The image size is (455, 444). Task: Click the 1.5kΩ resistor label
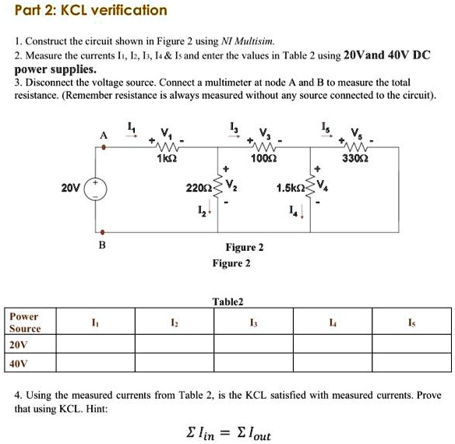(x=290, y=188)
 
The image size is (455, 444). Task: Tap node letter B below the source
(x=101, y=245)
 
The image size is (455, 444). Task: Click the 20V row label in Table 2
(x=18, y=345)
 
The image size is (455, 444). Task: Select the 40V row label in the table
(x=18, y=364)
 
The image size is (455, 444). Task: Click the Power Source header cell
(x=24, y=322)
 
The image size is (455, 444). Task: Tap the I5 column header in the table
(x=411, y=322)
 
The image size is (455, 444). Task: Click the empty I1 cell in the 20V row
(x=94, y=345)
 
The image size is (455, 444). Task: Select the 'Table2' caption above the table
(x=228, y=301)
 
